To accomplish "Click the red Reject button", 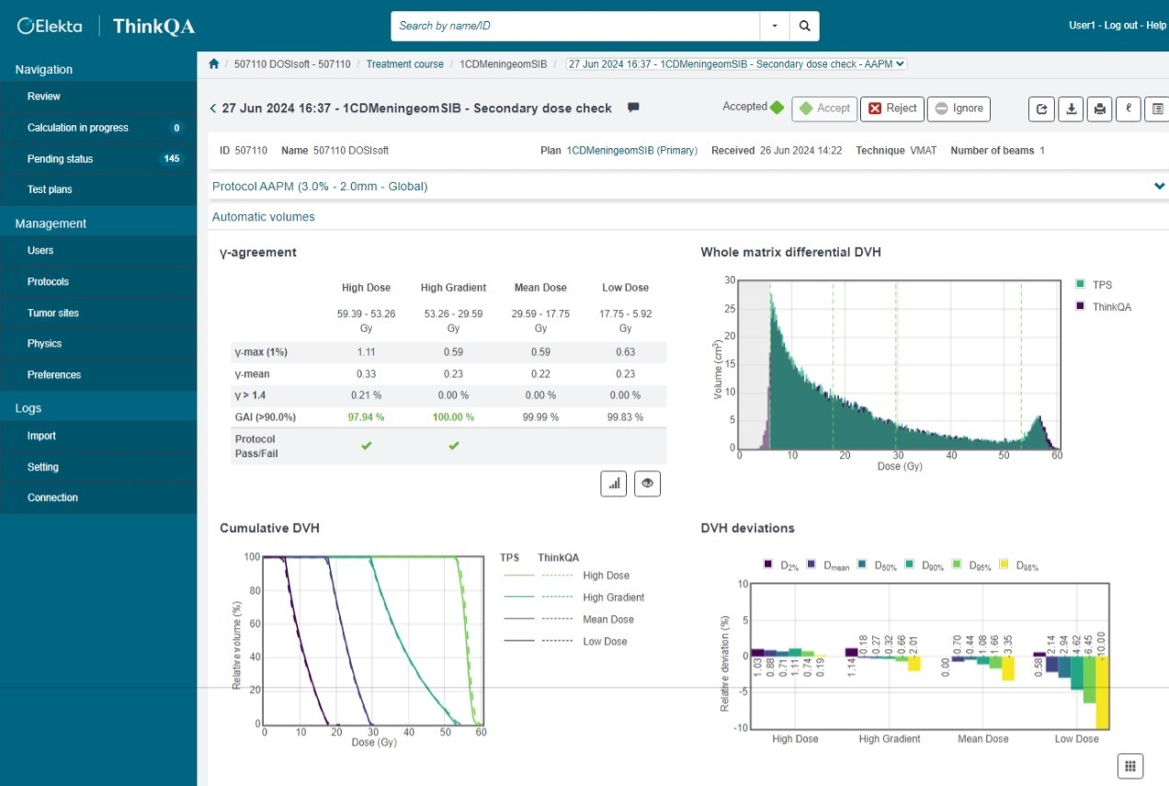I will point(891,108).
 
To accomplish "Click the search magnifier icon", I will point(804,26).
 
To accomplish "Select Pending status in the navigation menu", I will point(60,159).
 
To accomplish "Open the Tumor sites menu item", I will point(53,313).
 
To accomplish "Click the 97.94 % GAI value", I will point(366,417).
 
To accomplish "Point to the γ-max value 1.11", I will point(366,352).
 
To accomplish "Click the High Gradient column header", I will point(453,288).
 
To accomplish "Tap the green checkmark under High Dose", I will point(366,446).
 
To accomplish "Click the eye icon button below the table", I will point(647,484).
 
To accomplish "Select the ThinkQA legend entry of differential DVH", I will point(1111,307).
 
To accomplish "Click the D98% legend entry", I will point(1019,566).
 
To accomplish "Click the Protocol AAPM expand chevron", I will point(1159,186).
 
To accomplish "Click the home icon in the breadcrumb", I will point(214,64).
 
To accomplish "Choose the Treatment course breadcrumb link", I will point(404,64).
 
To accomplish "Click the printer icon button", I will point(1099,108).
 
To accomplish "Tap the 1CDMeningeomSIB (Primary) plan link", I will point(631,150).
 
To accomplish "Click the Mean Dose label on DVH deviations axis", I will point(982,739).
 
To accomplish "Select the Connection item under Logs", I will point(52,497).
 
